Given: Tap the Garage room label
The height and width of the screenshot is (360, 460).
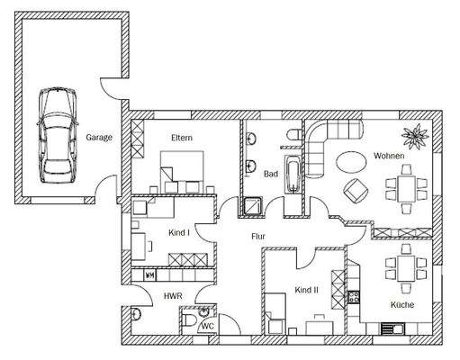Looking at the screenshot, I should [x=99, y=138].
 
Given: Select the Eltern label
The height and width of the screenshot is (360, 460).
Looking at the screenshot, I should [x=184, y=138].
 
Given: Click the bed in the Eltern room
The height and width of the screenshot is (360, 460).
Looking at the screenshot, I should [x=184, y=169].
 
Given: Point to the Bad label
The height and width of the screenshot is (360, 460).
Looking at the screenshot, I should [x=270, y=175].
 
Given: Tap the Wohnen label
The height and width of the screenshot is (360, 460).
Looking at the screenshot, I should [x=389, y=156].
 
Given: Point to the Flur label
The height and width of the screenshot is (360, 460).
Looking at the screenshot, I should [x=258, y=237].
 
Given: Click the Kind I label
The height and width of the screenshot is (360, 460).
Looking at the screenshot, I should [x=179, y=233].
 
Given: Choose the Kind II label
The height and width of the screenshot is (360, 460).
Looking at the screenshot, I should [x=307, y=290].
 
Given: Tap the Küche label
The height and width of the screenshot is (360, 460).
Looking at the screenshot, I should [x=402, y=306].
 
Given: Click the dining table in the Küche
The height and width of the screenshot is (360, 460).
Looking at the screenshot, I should [x=401, y=268].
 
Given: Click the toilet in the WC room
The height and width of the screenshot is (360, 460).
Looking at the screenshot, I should [x=189, y=320].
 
